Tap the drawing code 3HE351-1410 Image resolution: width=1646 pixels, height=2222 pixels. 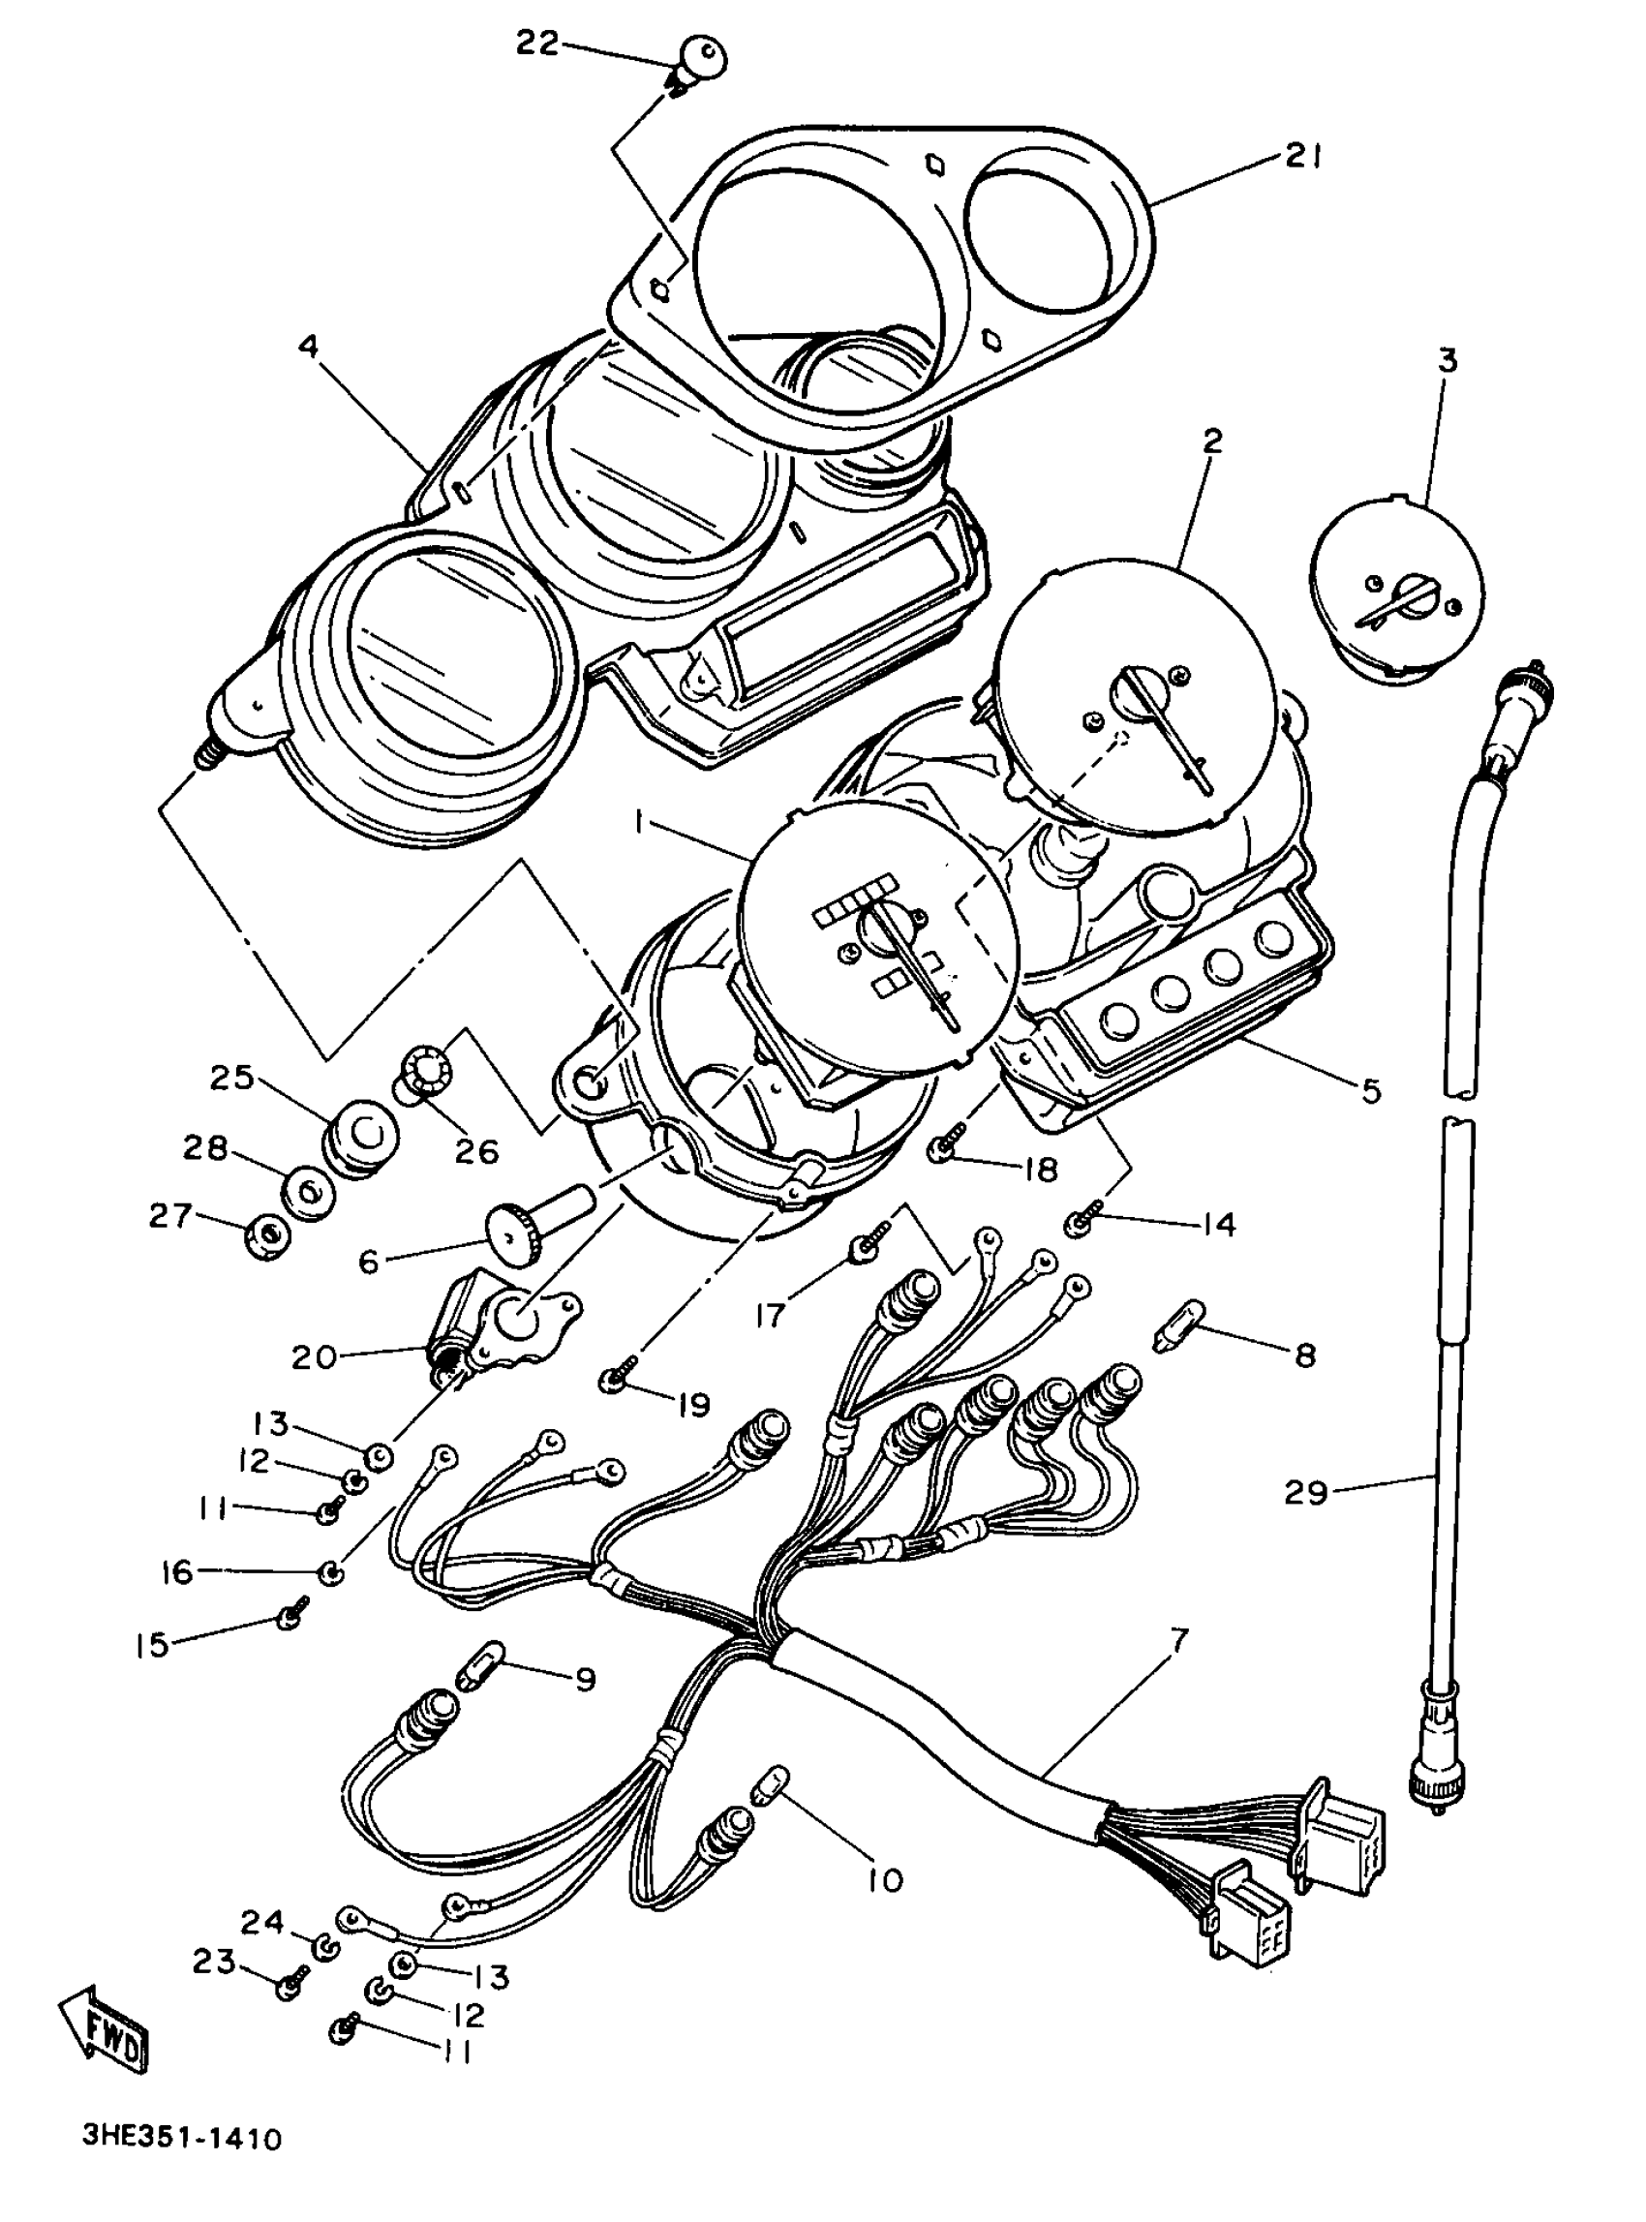coord(182,2139)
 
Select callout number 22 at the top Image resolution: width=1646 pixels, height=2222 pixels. coord(538,45)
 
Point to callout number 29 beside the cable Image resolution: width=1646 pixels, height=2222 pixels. coord(1306,1520)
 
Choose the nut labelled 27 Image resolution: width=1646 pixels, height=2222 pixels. coord(267,1236)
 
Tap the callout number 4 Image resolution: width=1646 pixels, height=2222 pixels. coord(309,347)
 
